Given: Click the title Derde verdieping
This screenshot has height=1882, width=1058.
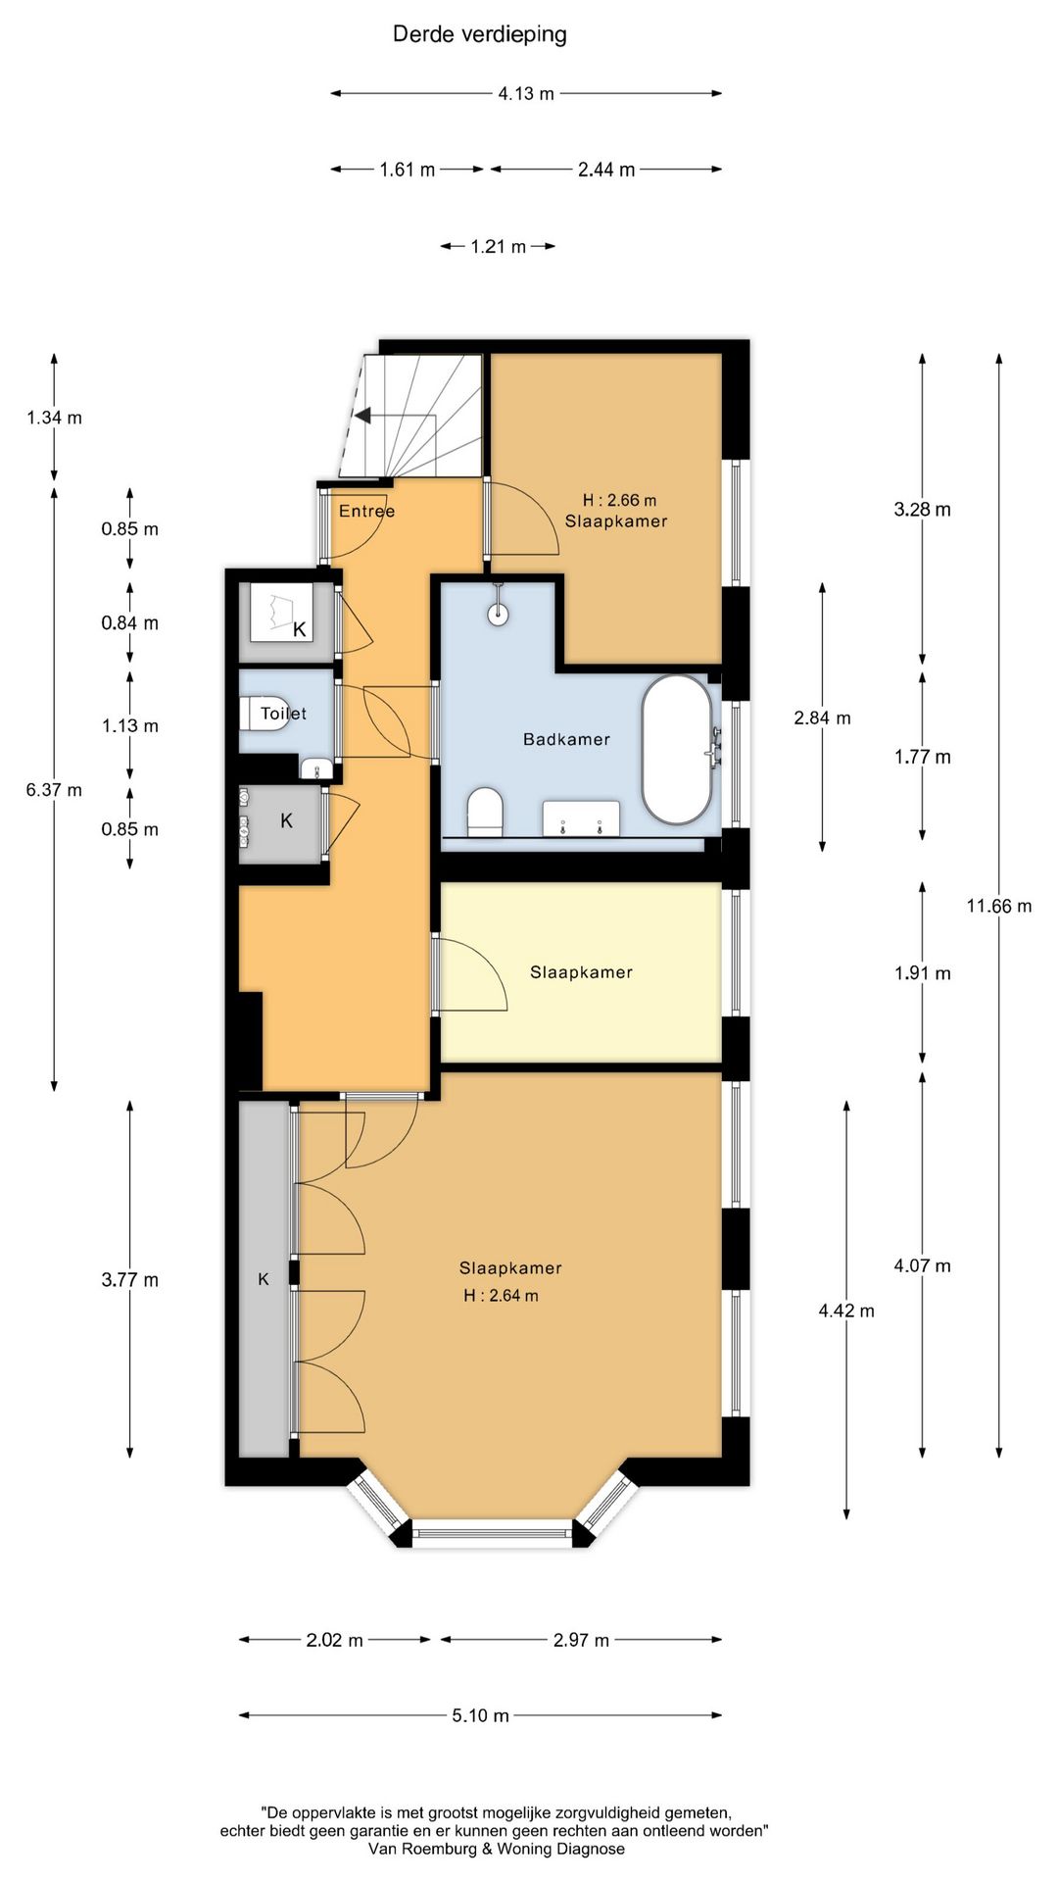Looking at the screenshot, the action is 479,34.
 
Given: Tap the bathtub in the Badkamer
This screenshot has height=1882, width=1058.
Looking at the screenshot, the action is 677,749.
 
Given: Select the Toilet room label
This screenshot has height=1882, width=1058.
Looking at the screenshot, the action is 283,714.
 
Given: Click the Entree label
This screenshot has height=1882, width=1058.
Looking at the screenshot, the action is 366,511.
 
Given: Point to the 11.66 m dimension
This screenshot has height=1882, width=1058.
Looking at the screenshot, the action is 999,906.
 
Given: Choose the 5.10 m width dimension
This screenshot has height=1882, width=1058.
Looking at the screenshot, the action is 480,1715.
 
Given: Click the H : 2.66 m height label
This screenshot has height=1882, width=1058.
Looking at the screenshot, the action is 619,500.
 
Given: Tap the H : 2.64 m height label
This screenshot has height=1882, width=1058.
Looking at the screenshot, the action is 501,1295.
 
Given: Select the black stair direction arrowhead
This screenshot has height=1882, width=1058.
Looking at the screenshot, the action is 361,416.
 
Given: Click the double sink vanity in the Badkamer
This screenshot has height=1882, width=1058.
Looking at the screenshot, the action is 581,818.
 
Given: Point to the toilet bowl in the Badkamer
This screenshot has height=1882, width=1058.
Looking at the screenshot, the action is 485,813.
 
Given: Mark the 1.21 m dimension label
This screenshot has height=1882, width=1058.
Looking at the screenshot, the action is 498,246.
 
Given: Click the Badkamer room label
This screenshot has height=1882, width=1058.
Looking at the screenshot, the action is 566,739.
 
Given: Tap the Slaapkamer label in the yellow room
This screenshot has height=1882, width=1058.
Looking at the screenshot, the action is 581,972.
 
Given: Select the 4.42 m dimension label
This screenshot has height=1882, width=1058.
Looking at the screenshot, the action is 846,1310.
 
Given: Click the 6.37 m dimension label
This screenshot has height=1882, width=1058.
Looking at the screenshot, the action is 54,790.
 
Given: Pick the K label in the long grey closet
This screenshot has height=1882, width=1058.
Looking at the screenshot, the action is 264,1279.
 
